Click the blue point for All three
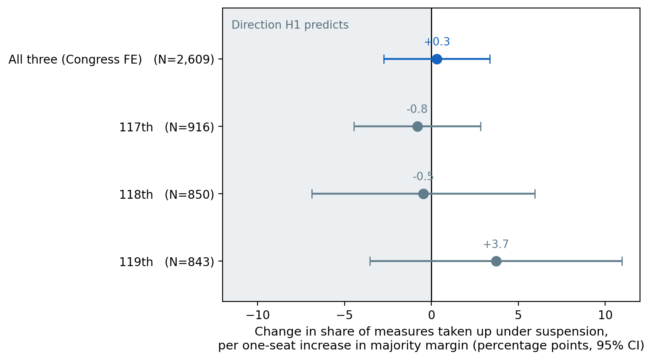[x=436, y=59]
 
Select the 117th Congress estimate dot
[x=417, y=126]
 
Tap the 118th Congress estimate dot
[x=423, y=194]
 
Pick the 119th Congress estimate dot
[x=496, y=261]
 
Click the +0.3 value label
[x=437, y=42]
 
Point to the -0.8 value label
[x=417, y=109]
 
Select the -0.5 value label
[x=423, y=176]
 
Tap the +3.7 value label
[x=496, y=244]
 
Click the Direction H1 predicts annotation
[x=290, y=25]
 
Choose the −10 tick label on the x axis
[x=258, y=315]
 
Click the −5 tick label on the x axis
[x=345, y=315]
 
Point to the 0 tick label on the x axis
[x=431, y=315]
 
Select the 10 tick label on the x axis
[x=605, y=315]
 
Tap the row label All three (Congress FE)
[x=75, y=60]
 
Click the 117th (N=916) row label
[x=167, y=127]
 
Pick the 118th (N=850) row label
[x=167, y=195]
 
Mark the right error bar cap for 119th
[x=622, y=261]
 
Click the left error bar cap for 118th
[x=312, y=194]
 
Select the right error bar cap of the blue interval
[x=490, y=59]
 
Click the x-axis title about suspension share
[x=431, y=339]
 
